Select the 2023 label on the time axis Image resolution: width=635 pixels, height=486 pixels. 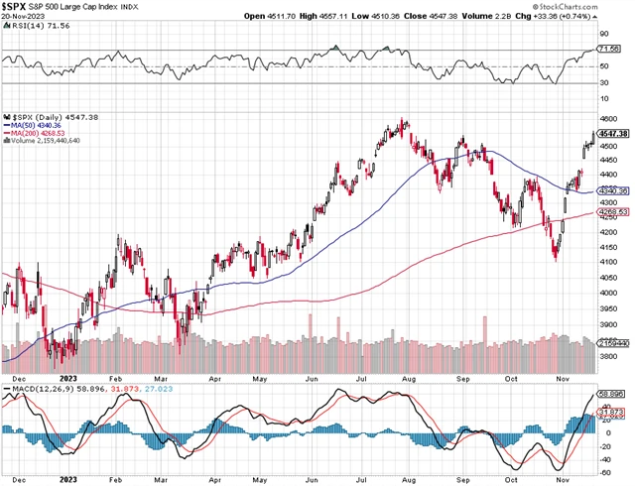pos(69,379)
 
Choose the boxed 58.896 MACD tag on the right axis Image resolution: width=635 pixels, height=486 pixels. pos(615,393)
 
